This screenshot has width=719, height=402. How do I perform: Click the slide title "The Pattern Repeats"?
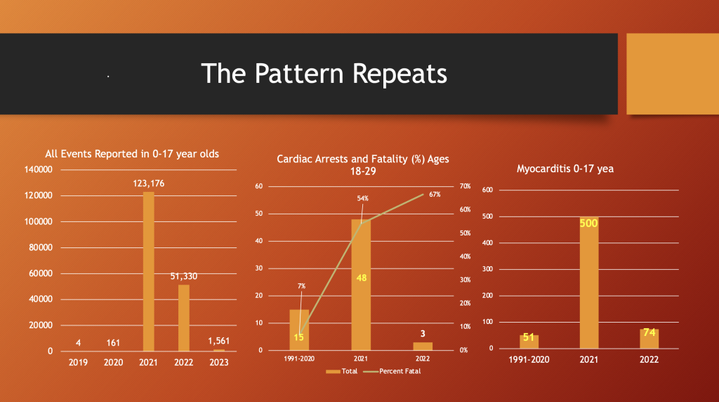[x=324, y=73]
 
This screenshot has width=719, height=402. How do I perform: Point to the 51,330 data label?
[x=183, y=276]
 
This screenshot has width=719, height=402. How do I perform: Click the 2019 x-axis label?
[x=79, y=363]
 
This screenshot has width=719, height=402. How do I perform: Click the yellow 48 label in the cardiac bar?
[x=361, y=278]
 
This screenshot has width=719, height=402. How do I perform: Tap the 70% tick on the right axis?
[x=465, y=186]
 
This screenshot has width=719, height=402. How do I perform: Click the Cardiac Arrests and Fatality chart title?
[x=363, y=166]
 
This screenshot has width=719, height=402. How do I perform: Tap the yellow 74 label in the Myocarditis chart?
[x=649, y=332]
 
